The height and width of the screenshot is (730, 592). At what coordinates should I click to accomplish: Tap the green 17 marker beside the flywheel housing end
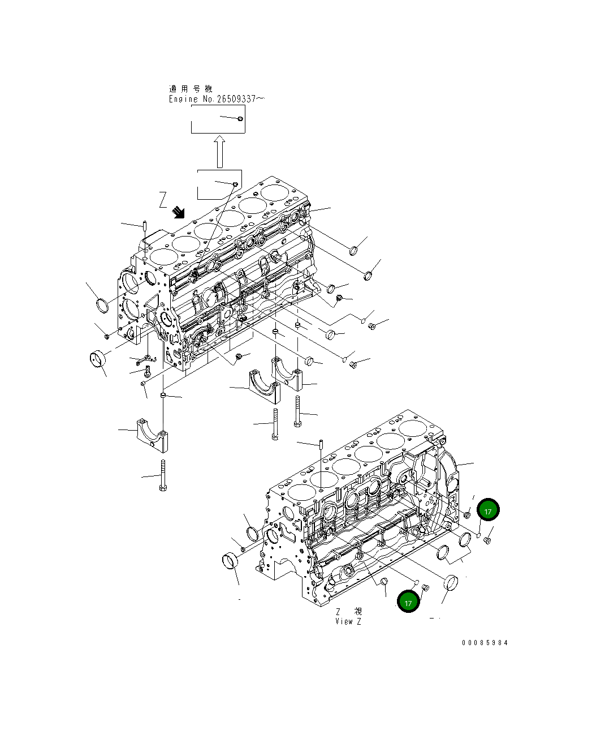(488, 510)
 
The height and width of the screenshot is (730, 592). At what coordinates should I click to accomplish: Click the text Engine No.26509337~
(216, 99)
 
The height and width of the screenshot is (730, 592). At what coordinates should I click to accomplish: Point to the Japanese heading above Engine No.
(190, 89)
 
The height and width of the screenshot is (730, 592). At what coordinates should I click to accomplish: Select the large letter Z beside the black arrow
(163, 200)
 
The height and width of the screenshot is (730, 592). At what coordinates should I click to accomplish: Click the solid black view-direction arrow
(179, 212)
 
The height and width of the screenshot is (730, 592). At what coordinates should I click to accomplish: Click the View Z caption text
(348, 621)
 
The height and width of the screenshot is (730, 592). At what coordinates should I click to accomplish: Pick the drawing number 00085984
(485, 643)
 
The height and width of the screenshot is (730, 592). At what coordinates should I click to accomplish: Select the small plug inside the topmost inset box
(240, 118)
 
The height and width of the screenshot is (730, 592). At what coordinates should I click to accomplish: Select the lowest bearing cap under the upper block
(152, 435)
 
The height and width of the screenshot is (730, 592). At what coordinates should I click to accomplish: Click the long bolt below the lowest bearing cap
(163, 475)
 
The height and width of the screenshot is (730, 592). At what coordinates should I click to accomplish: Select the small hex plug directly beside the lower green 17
(426, 589)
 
